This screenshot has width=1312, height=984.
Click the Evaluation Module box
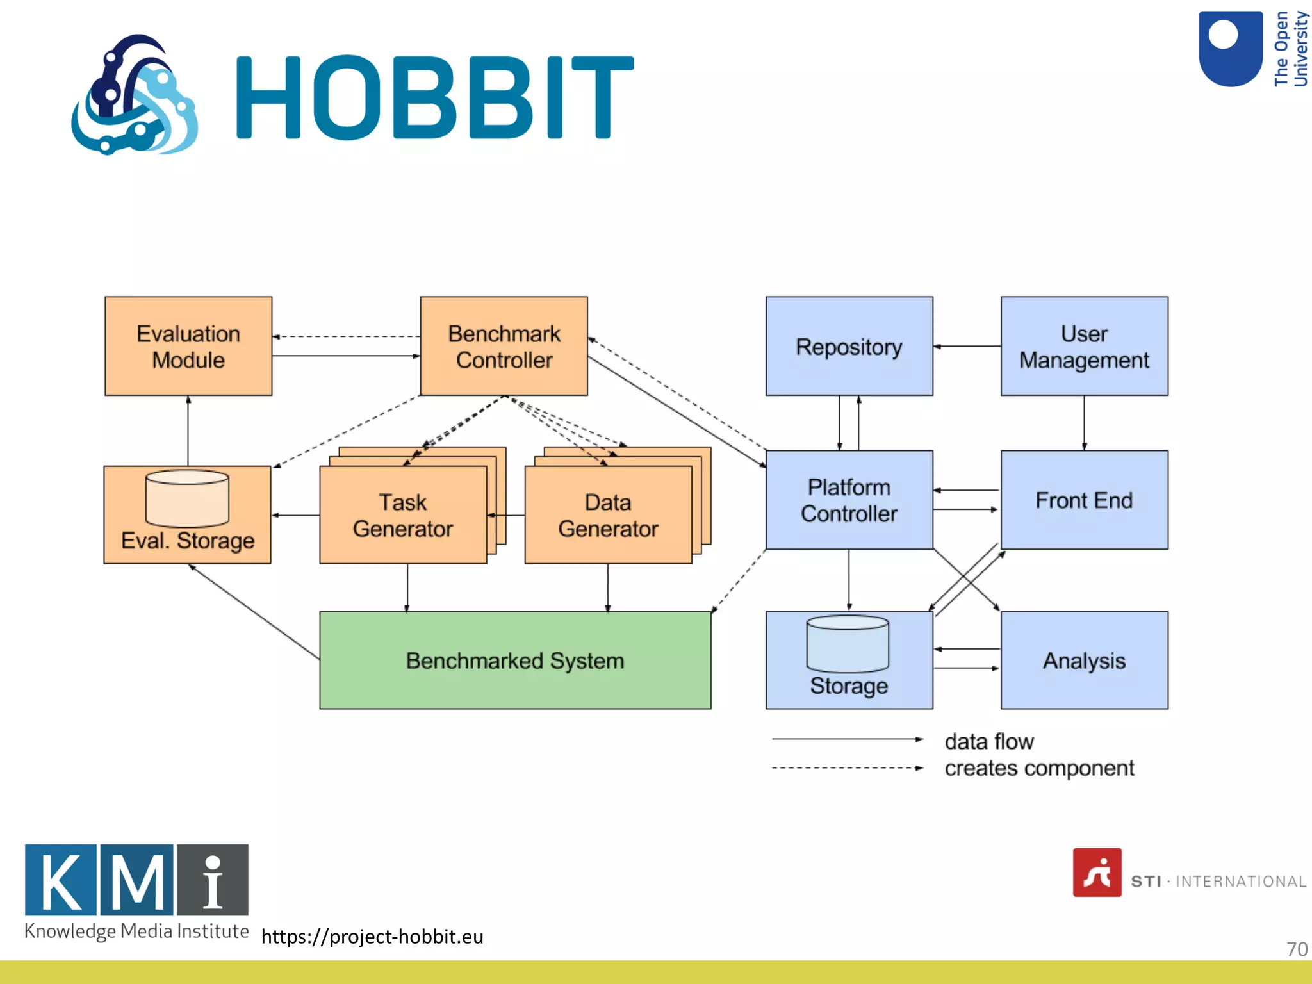click(188, 346)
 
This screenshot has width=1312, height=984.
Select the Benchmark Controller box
click(504, 346)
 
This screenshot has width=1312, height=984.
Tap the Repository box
click(849, 346)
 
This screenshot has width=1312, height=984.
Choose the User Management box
click(1084, 346)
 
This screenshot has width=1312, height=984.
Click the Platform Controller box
click(849, 500)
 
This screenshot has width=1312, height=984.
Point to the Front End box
click(1084, 500)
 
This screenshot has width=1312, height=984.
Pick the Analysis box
click(1084, 660)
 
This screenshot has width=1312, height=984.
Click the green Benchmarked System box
click(515, 660)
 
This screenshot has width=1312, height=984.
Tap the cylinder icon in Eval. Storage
click(187, 498)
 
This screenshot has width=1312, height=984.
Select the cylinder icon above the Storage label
click(848, 643)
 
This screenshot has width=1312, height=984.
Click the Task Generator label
click(402, 515)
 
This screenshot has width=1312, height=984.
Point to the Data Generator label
click(607, 515)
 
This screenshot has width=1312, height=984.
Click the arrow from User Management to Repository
click(967, 346)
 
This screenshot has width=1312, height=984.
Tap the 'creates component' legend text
click(1038, 767)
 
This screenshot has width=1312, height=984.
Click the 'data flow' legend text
click(988, 741)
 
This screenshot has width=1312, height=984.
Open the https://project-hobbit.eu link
click(372, 936)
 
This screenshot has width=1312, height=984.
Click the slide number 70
click(1296, 949)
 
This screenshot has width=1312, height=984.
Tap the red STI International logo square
click(1097, 872)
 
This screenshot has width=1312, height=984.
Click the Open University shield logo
click(1230, 49)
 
